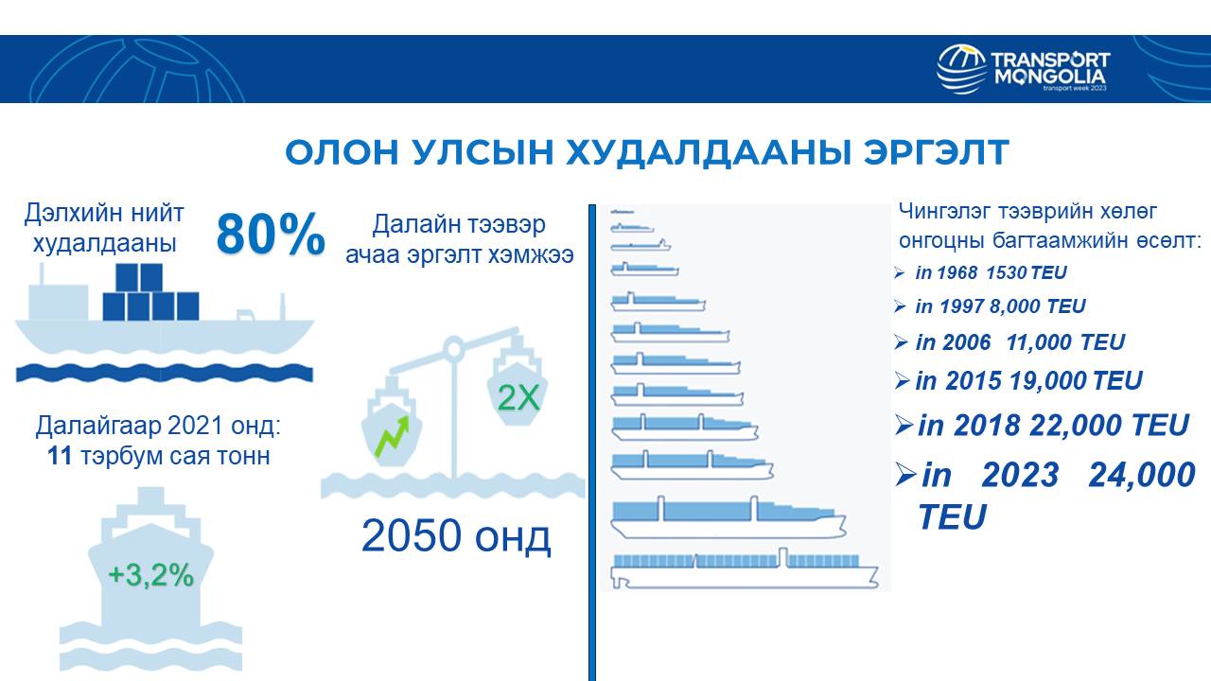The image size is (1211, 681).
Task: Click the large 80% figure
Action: pos(271,234)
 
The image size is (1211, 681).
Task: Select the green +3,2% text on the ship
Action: pos(150,574)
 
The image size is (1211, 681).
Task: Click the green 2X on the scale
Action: pos(518,398)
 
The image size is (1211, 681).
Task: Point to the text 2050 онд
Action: pos(456,535)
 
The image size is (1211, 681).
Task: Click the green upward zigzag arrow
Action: pos(392,437)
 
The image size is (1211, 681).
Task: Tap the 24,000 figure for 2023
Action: pos(1142,475)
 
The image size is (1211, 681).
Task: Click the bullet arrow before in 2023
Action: pos(905,475)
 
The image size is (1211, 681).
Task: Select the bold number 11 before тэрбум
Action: pos(60,456)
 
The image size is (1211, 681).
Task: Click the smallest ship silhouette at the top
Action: pos(622,211)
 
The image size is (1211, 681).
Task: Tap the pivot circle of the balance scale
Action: pos(453,348)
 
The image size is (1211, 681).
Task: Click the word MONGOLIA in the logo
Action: pos(1050,77)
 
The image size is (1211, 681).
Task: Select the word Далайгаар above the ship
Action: pos(98,426)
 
